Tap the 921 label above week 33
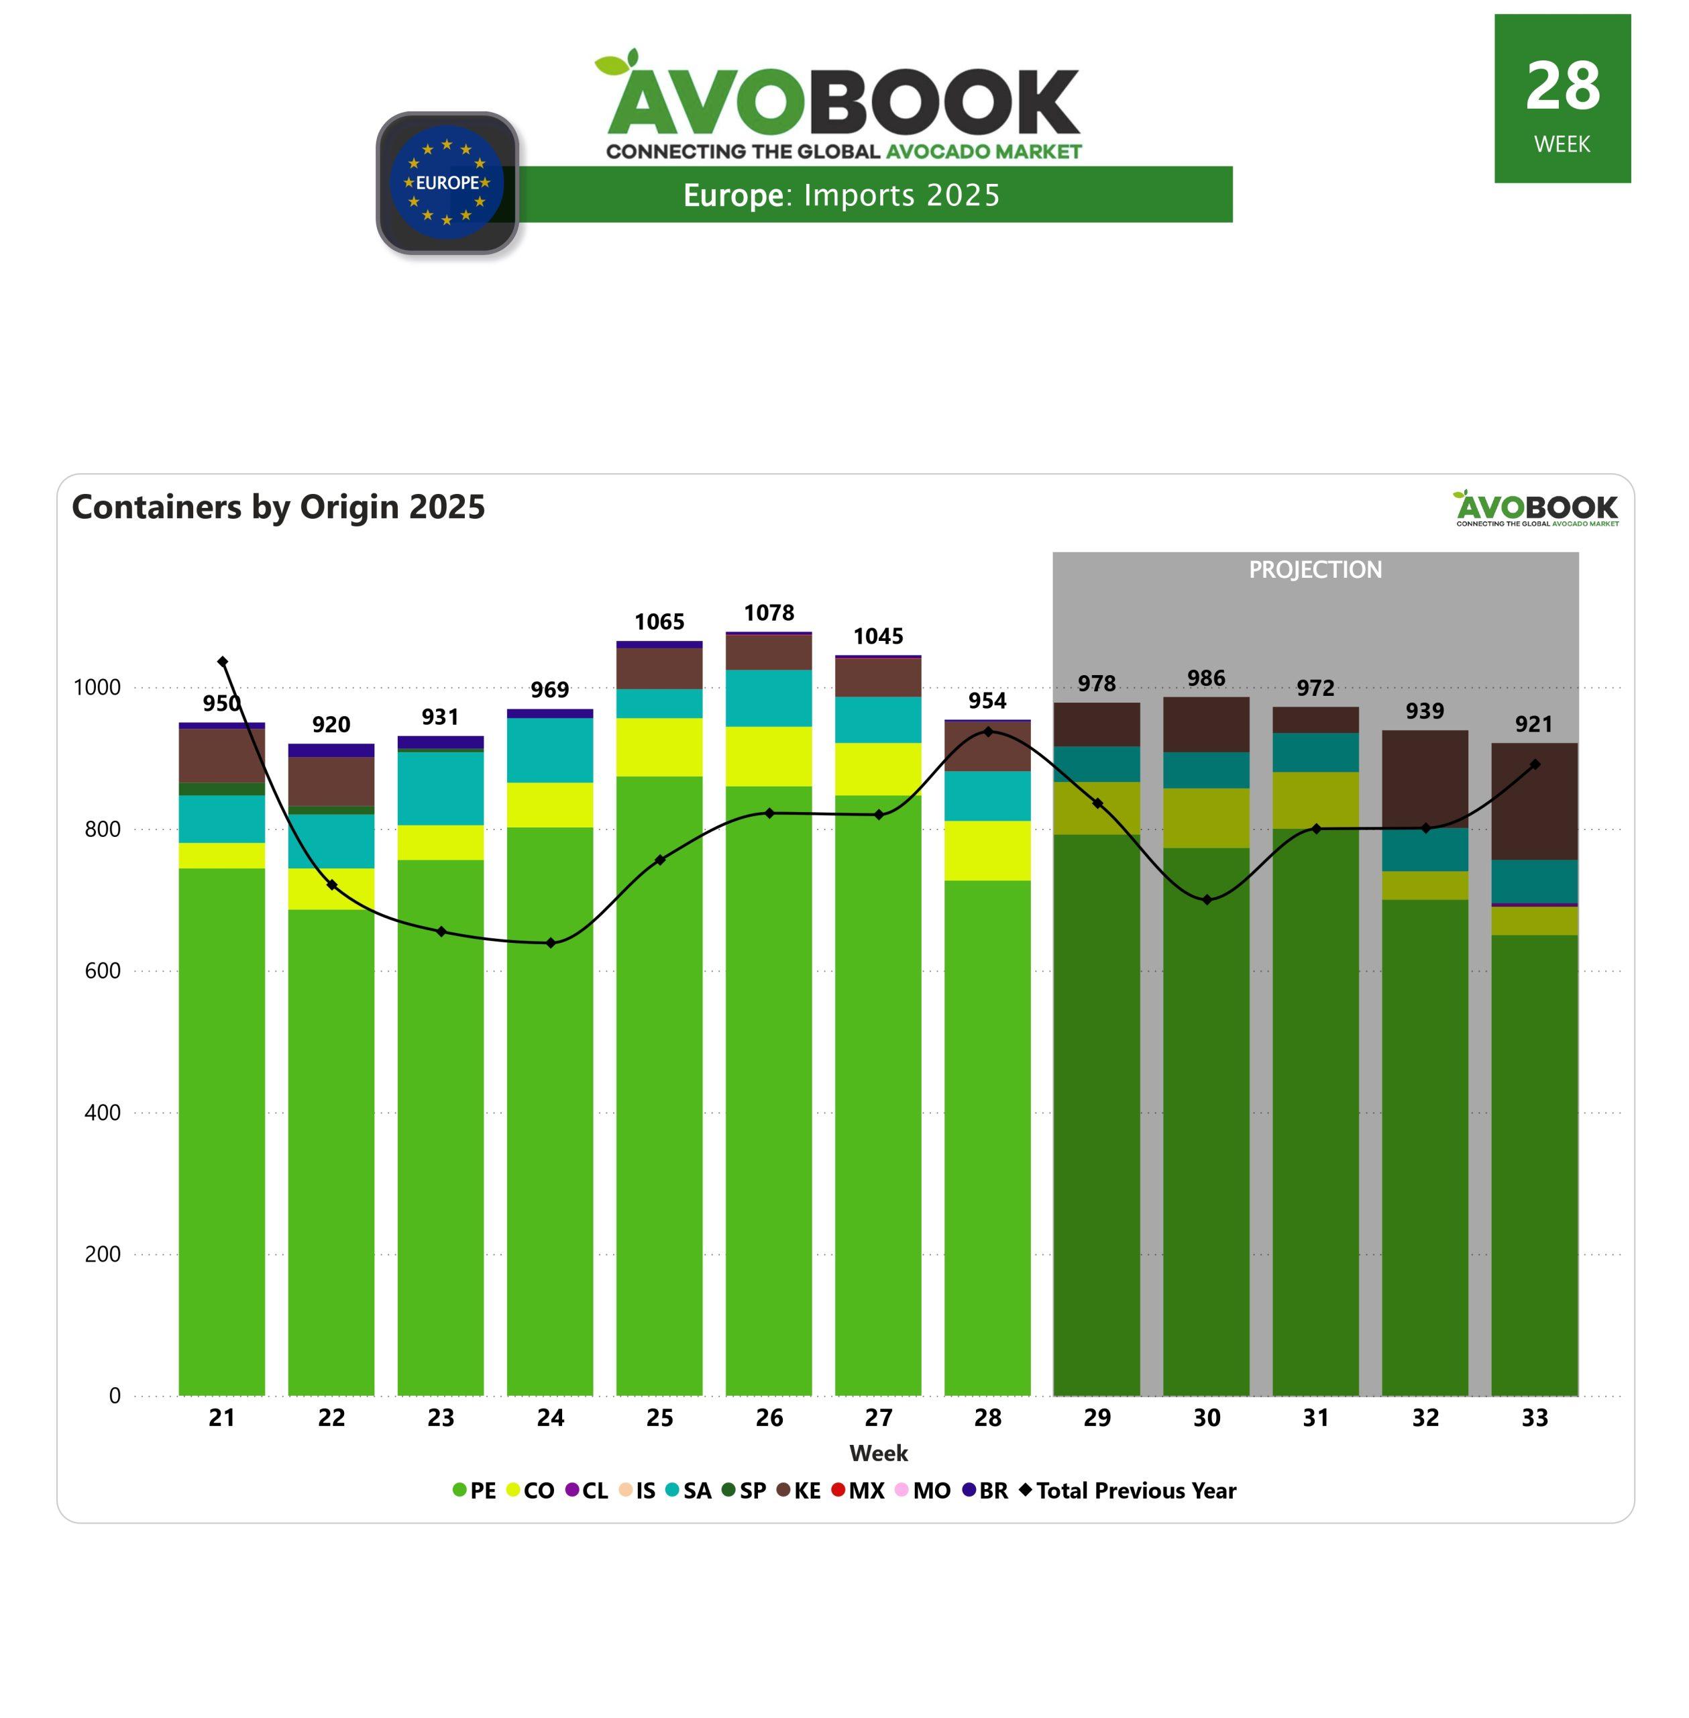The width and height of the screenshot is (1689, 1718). point(1534,723)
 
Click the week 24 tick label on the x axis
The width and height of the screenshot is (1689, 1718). point(550,1418)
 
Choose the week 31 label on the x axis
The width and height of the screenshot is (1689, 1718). point(1315,1418)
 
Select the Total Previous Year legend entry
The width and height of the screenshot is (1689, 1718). point(1128,1490)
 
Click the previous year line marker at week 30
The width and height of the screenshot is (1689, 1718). point(1207,900)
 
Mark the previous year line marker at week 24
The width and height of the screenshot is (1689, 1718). point(551,942)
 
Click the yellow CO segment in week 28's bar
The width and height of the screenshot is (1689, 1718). point(987,850)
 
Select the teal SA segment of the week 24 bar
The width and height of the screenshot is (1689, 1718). point(550,750)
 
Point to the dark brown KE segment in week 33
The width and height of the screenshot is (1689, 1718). point(1534,801)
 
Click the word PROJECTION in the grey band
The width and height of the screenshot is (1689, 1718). point(1315,570)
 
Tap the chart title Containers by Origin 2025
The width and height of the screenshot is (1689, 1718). point(278,507)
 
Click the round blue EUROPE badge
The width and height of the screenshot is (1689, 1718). point(447,183)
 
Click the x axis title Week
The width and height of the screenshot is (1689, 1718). point(878,1454)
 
